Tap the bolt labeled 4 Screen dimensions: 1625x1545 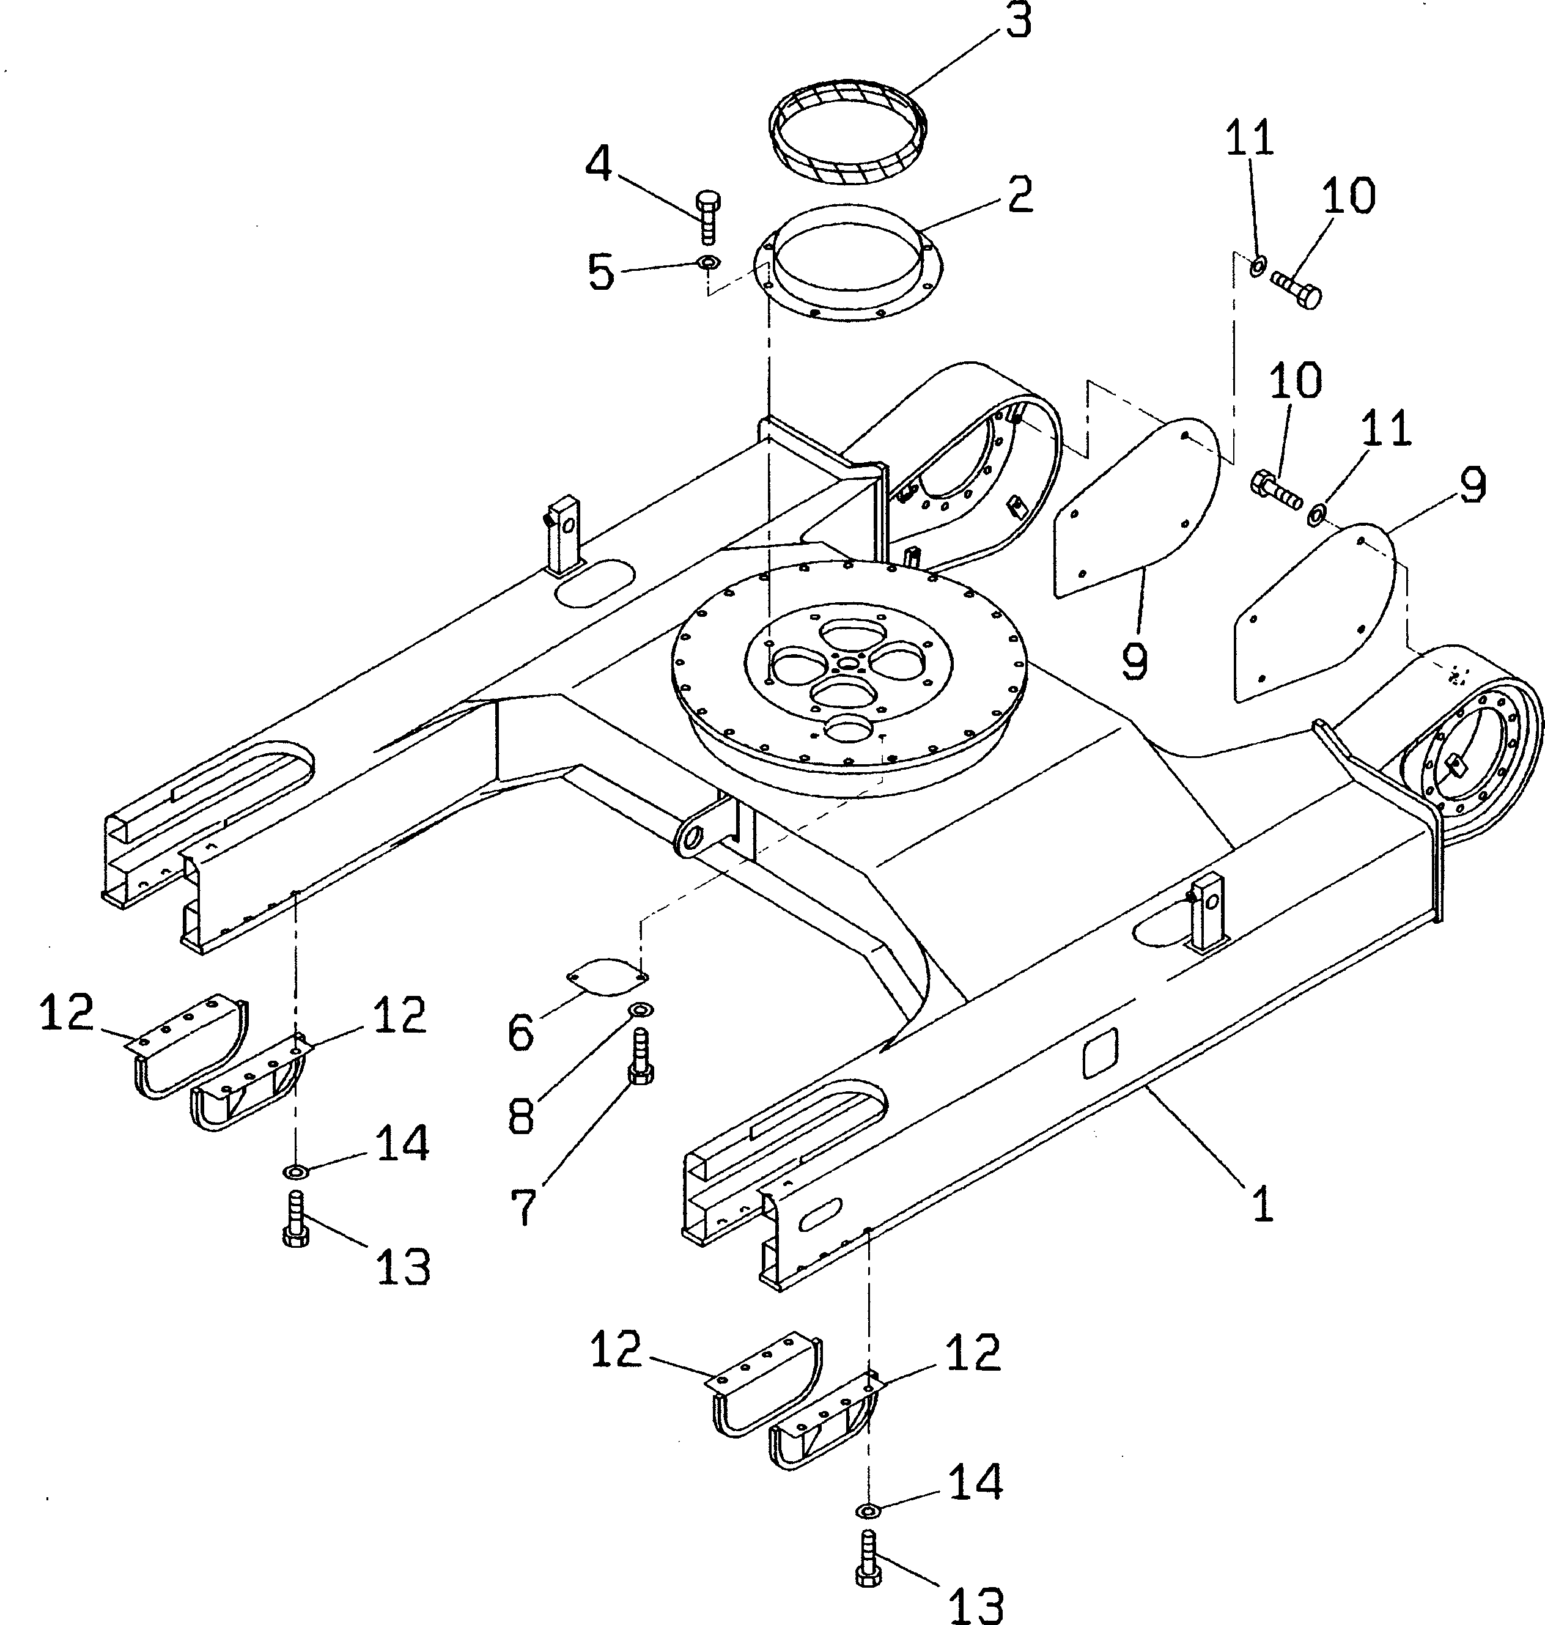click(x=707, y=216)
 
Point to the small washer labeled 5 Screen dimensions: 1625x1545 click(x=707, y=263)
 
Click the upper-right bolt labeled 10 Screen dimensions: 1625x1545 click(x=1296, y=289)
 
